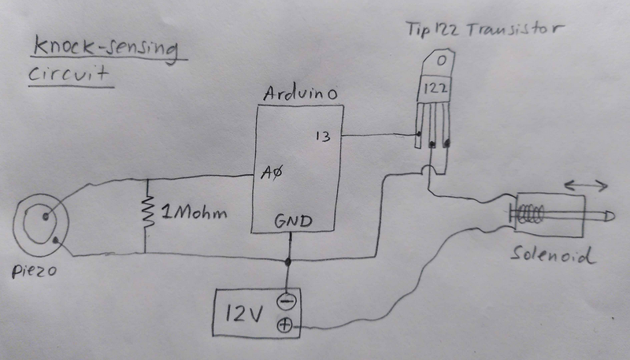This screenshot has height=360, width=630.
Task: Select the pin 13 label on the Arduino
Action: coord(322,135)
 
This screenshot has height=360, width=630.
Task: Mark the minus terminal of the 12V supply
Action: coord(286,300)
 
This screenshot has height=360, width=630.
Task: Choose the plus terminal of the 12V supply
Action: coord(286,325)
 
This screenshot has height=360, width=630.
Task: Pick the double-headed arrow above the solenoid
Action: coord(585,185)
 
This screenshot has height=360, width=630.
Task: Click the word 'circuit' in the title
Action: coord(68,77)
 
